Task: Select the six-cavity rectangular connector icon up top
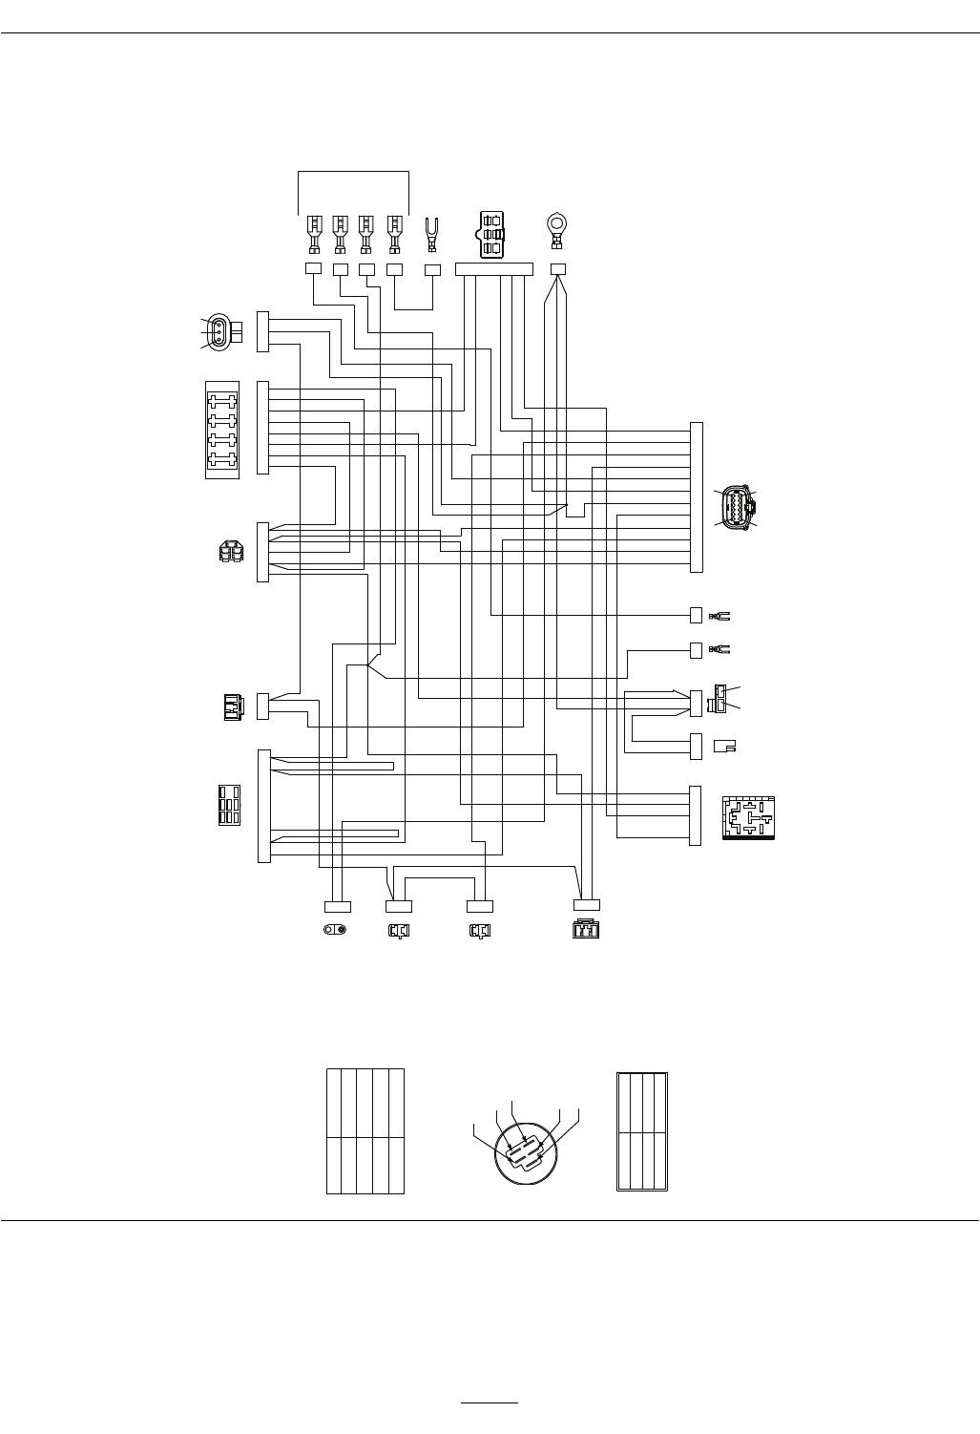click(x=491, y=233)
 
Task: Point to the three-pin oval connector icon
click(x=220, y=332)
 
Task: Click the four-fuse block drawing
click(x=222, y=429)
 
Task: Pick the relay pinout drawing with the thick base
click(x=749, y=818)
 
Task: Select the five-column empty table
click(x=365, y=1130)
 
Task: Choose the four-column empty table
click(x=642, y=1131)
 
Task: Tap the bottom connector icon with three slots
click(x=585, y=930)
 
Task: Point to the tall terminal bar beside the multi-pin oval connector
click(x=697, y=496)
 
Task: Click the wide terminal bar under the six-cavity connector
click(x=493, y=269)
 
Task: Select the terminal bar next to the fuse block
click(x=263, y=428)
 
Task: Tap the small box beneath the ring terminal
click(x=558, y=269)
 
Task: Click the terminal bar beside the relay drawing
click(x=695, y=815)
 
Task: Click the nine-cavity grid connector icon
click(x=229, y=805)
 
